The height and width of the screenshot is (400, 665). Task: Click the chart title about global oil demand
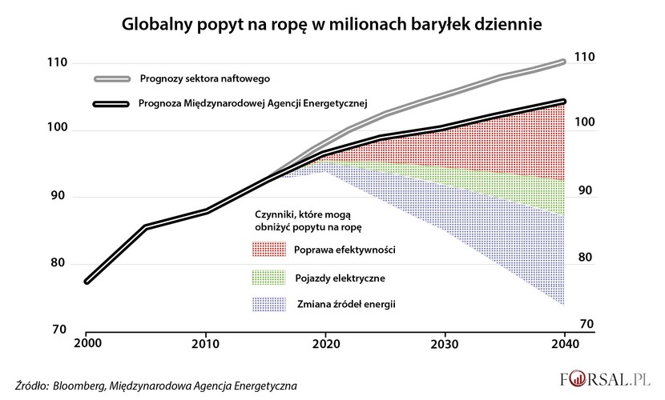tap(332, 24)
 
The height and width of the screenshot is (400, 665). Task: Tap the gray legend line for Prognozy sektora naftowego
tap(112, 78)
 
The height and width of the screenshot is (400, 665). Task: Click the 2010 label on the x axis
tap(206, 342)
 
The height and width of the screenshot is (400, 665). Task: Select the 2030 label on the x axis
tap(444, 342)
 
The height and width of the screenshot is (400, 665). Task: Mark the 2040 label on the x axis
tap(564, 342)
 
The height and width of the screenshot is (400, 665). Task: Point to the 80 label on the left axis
tap(58, 264)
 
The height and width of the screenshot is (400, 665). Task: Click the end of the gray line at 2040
tap(564, 61)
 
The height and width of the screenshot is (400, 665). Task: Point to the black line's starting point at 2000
tap(87, 281)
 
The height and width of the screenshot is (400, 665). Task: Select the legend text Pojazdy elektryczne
tap(341, 277)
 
